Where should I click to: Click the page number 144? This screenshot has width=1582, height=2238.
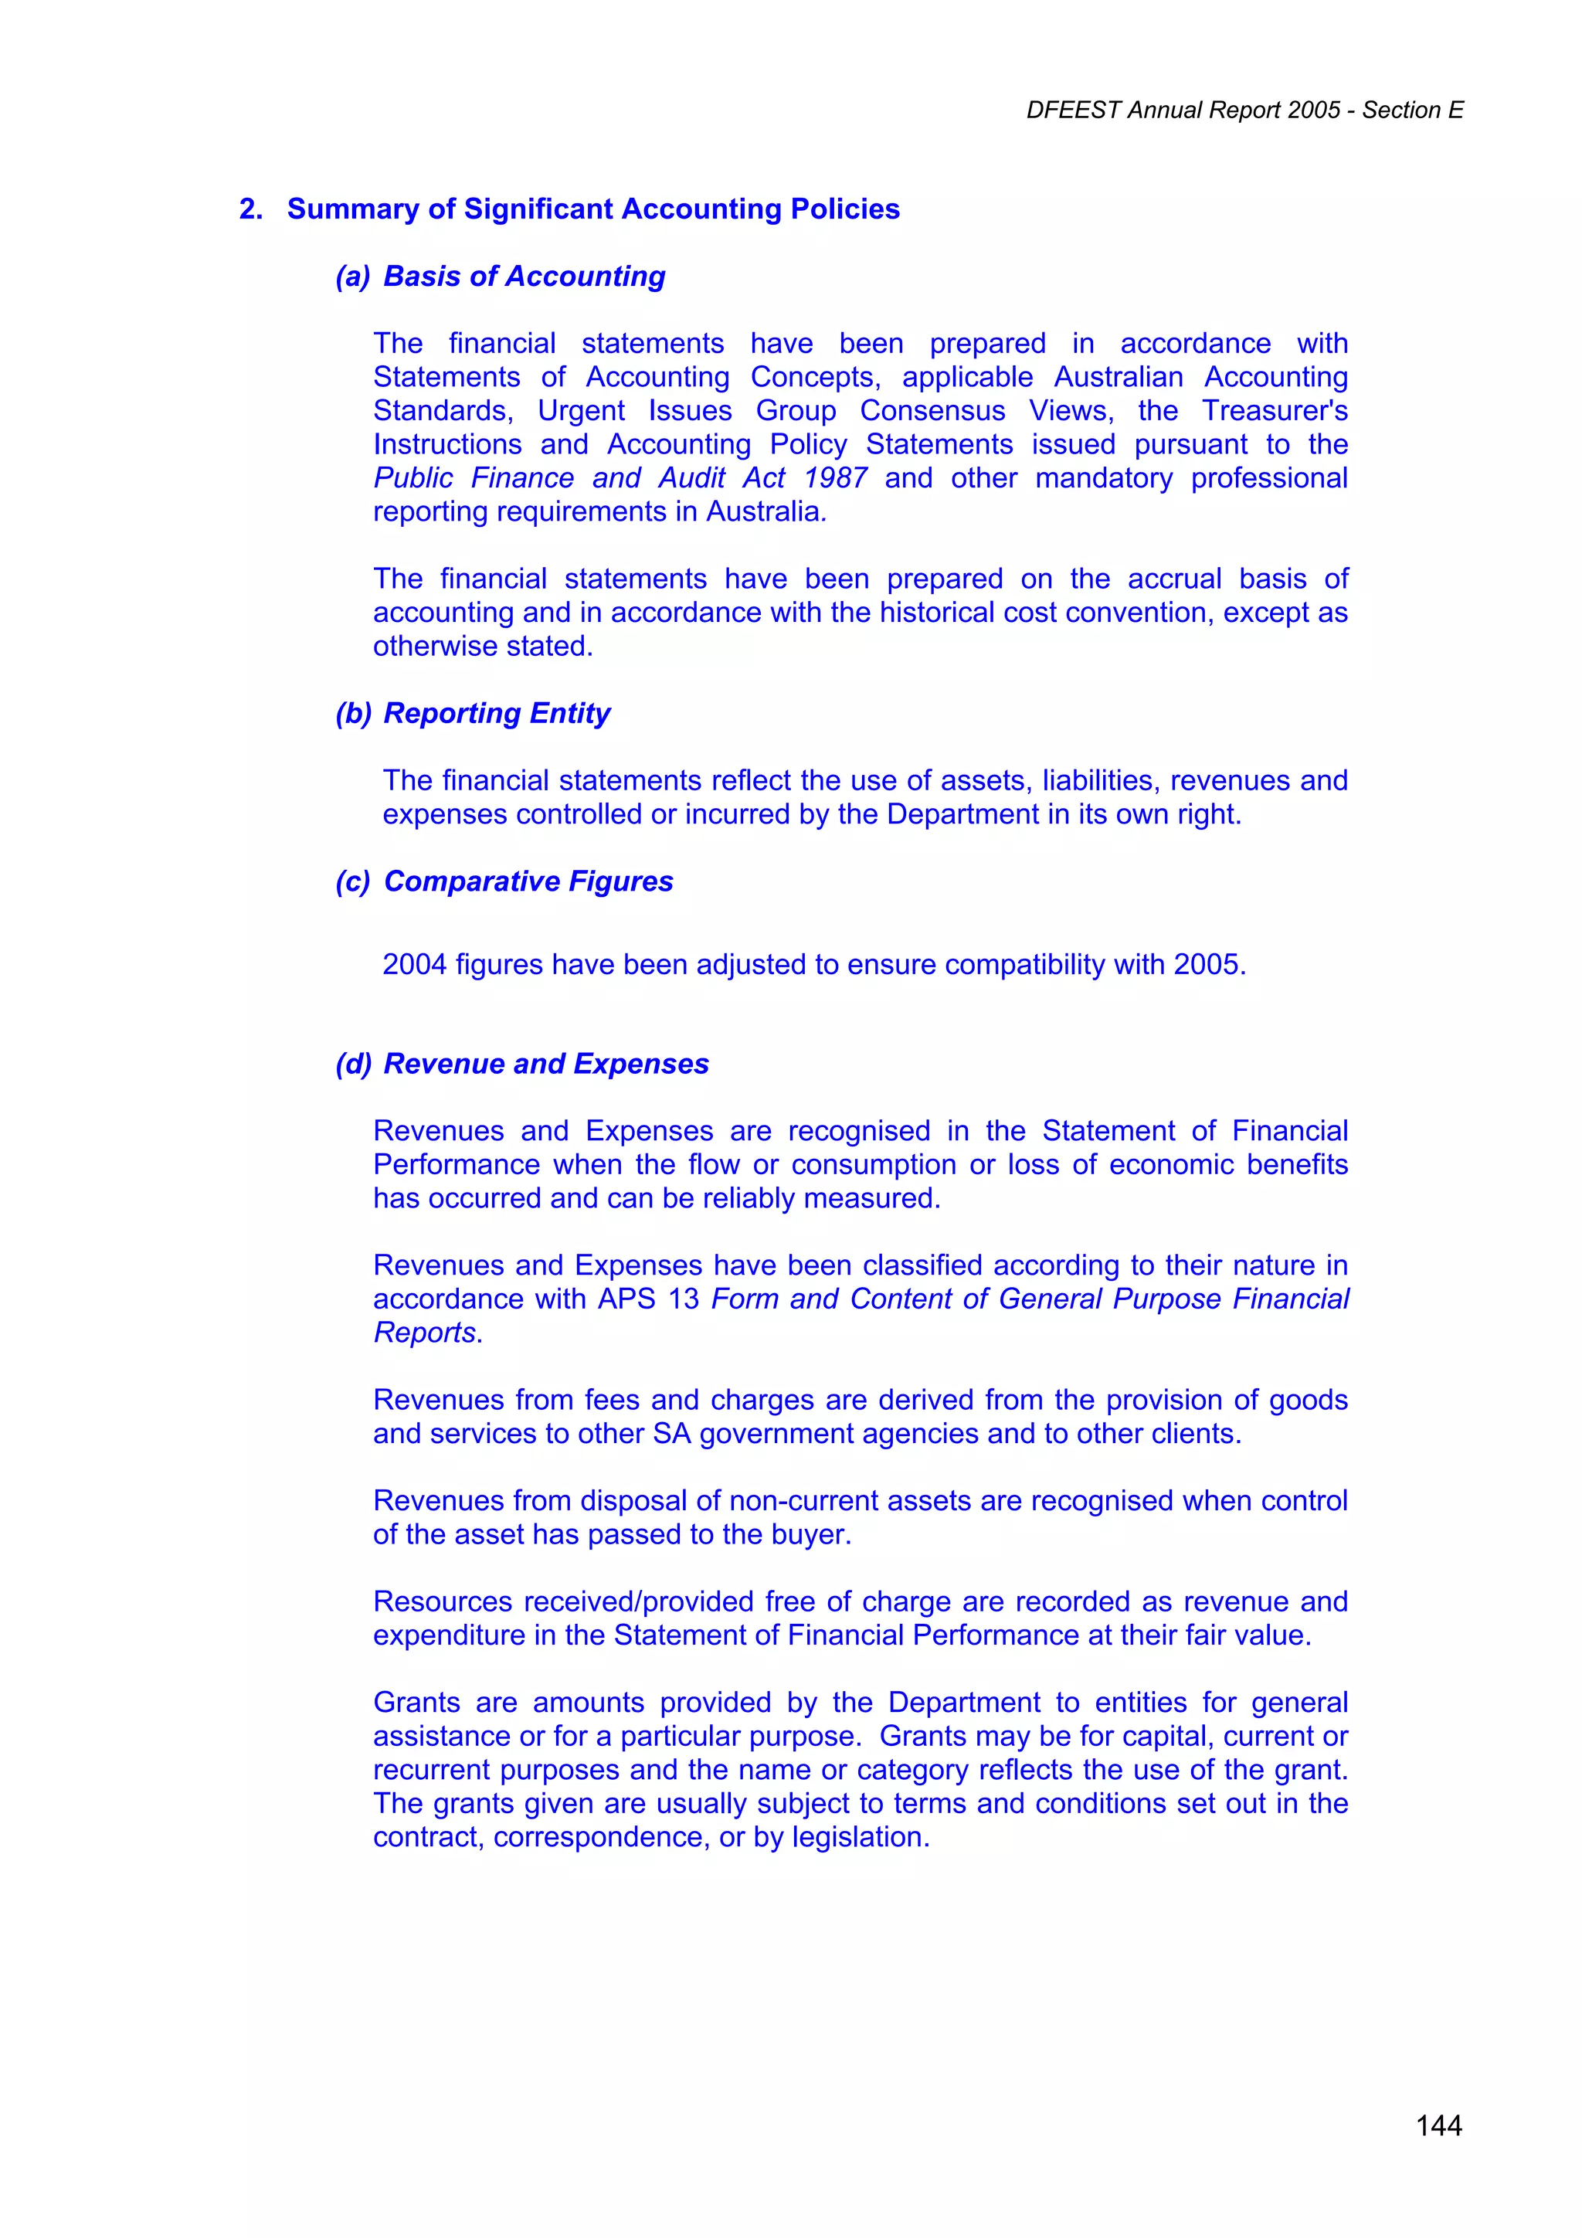point(1439,2125)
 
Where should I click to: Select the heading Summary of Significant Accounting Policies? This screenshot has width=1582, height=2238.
point(592,209)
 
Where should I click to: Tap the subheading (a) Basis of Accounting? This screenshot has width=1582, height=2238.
point(500,276)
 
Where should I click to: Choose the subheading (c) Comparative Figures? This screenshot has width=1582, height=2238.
point(504,881)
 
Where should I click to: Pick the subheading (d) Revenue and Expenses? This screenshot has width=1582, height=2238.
point(521,1064)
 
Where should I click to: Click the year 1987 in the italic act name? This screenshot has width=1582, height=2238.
point(835,477)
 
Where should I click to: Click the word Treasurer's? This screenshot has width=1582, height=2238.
point(1274,410)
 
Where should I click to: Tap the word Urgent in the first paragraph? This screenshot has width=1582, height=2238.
point(581,410)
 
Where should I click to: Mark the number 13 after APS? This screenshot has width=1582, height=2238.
point(684,1299)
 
